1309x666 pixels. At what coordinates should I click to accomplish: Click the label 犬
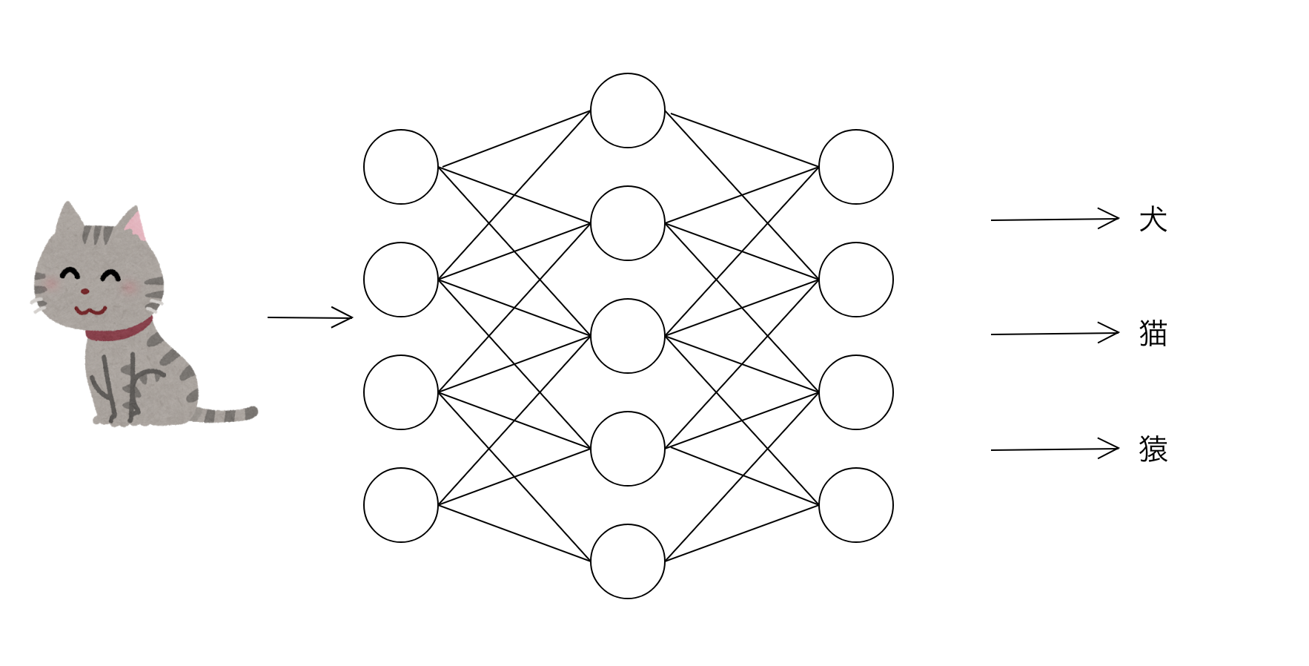tap(1153, 220)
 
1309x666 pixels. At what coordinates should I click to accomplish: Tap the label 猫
tap(1153, 334)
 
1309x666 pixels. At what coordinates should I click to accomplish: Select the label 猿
tap(1153, 449)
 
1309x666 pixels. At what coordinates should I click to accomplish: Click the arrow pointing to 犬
tap(1055, 219)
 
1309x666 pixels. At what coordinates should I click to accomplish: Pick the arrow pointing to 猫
tap(1055, 334)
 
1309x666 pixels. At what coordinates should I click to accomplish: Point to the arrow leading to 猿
tap(1055, 449)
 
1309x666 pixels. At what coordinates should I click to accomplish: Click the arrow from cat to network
tap(310, 317)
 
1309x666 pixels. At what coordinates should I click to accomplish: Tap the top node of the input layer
tap(401, 167)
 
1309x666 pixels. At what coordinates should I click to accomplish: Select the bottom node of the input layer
tap(401, 505)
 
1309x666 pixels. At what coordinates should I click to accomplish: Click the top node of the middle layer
tap(628, 111)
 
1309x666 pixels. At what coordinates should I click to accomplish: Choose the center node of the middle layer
tap(628, 336)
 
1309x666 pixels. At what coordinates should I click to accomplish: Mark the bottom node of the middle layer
tap(628, 561)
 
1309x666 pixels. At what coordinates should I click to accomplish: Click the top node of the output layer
tap(856, 167)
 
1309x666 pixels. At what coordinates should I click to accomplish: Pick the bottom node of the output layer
tap(856, 505)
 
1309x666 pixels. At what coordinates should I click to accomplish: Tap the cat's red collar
tap(119, 331)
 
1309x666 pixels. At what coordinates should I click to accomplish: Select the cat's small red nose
tap(85, 291)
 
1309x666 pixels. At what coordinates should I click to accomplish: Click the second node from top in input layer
tap(401, 280)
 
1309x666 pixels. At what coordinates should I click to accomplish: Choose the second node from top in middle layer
tap(628, 223)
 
